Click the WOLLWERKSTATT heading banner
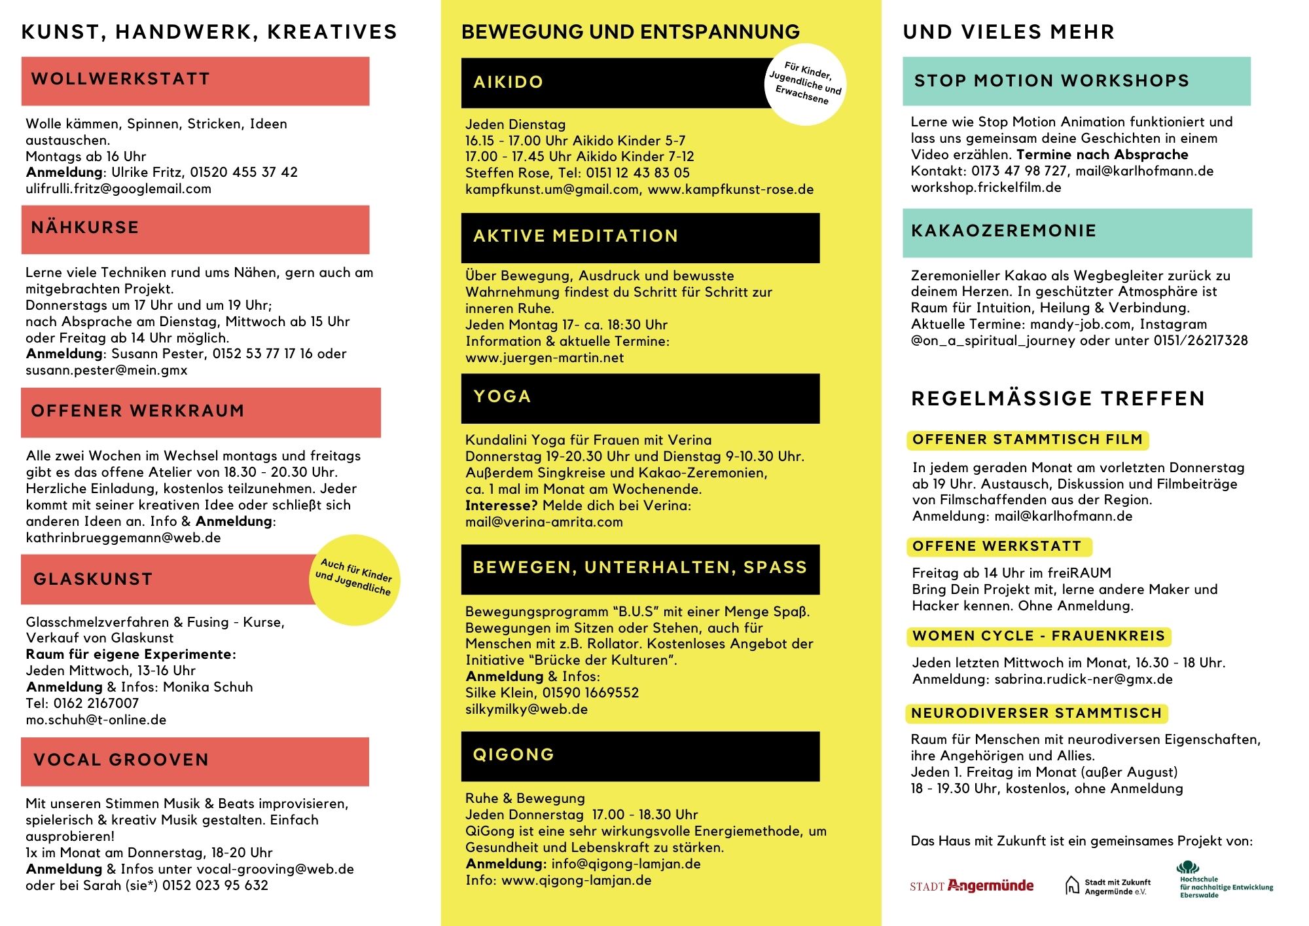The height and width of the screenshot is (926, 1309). click(x=195, y=81)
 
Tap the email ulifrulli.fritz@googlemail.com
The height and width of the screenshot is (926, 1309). click(x=118, y=189)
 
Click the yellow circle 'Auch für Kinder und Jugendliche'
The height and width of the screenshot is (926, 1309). click(x=354, y=579)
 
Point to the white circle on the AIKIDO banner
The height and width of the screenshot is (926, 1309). click(x=805, y=84)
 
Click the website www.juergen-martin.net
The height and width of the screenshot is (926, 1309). click(x=544, y=358)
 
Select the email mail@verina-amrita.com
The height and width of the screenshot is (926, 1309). click(x=543, y=522)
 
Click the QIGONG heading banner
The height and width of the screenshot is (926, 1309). click(x=639, y=756)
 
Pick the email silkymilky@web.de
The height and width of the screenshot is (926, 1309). click(x=526, y=709)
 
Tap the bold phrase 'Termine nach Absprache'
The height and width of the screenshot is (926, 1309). click(x=1102, y=155)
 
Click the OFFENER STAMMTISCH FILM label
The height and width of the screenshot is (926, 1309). click(x=1027, y=439)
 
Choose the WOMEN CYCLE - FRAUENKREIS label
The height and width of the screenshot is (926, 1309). click(x=1038, y=636)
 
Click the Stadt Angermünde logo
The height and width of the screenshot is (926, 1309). click(x=971, y=886)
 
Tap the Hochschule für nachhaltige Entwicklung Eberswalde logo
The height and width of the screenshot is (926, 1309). click(x=1225, y=881)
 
